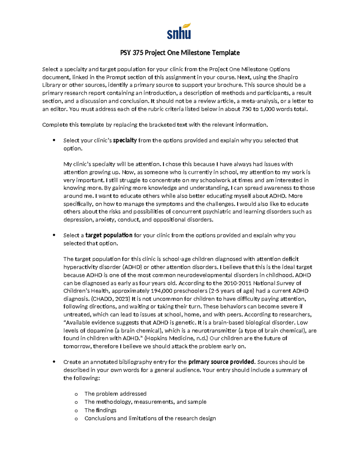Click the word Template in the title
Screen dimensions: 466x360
pos(226,53)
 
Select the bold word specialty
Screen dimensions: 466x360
pos(125,140)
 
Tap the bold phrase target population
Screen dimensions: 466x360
pos(109,235)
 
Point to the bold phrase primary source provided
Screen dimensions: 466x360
pos(221,362)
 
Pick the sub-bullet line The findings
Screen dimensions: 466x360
pos(100,410)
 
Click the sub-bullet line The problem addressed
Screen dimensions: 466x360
pos(115,394)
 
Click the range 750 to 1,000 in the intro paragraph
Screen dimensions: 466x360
pos(254,109)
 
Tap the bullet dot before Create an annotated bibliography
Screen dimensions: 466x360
pos(54,362)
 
